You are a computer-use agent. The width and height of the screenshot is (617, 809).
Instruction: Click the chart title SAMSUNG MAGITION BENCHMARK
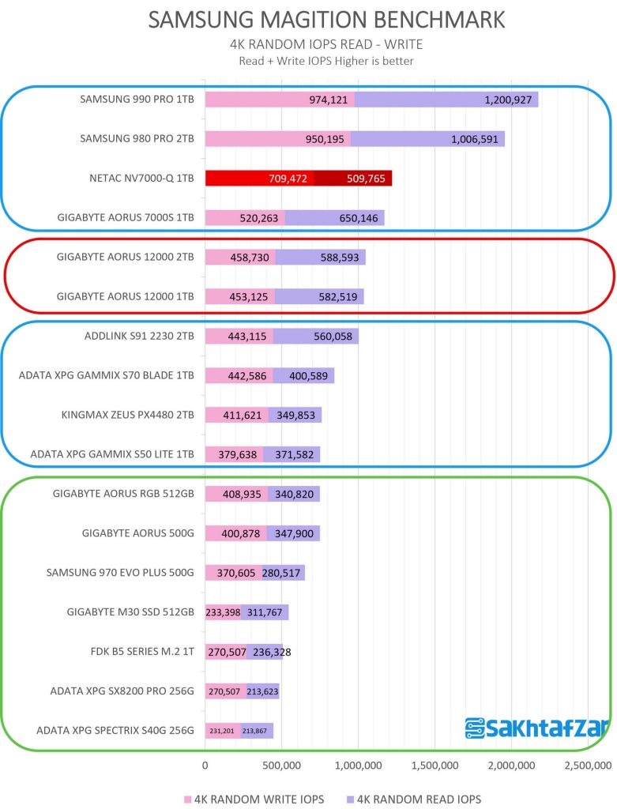coord(308,20)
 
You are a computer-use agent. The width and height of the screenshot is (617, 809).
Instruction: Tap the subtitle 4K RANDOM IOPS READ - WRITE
coord(308,45)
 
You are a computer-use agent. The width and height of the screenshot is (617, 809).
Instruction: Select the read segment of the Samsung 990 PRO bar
coord(446,100)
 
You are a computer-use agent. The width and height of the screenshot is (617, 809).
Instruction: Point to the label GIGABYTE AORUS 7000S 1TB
coord(126,217)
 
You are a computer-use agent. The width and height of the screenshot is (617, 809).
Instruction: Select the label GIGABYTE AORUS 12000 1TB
coord(126,296)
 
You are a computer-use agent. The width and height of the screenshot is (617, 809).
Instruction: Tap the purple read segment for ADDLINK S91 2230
coord(316,336)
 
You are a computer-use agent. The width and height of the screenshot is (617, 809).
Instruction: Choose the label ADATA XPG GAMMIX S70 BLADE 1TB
coord(107,375)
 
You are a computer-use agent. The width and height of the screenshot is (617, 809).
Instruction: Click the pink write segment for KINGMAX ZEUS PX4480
coord(236,415)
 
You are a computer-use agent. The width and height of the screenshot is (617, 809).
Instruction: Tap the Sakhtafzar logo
coord(536,728)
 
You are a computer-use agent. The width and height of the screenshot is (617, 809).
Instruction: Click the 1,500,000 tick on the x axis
coord(434,766)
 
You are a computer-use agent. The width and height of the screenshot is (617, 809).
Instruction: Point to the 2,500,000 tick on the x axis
coord(586,766)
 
